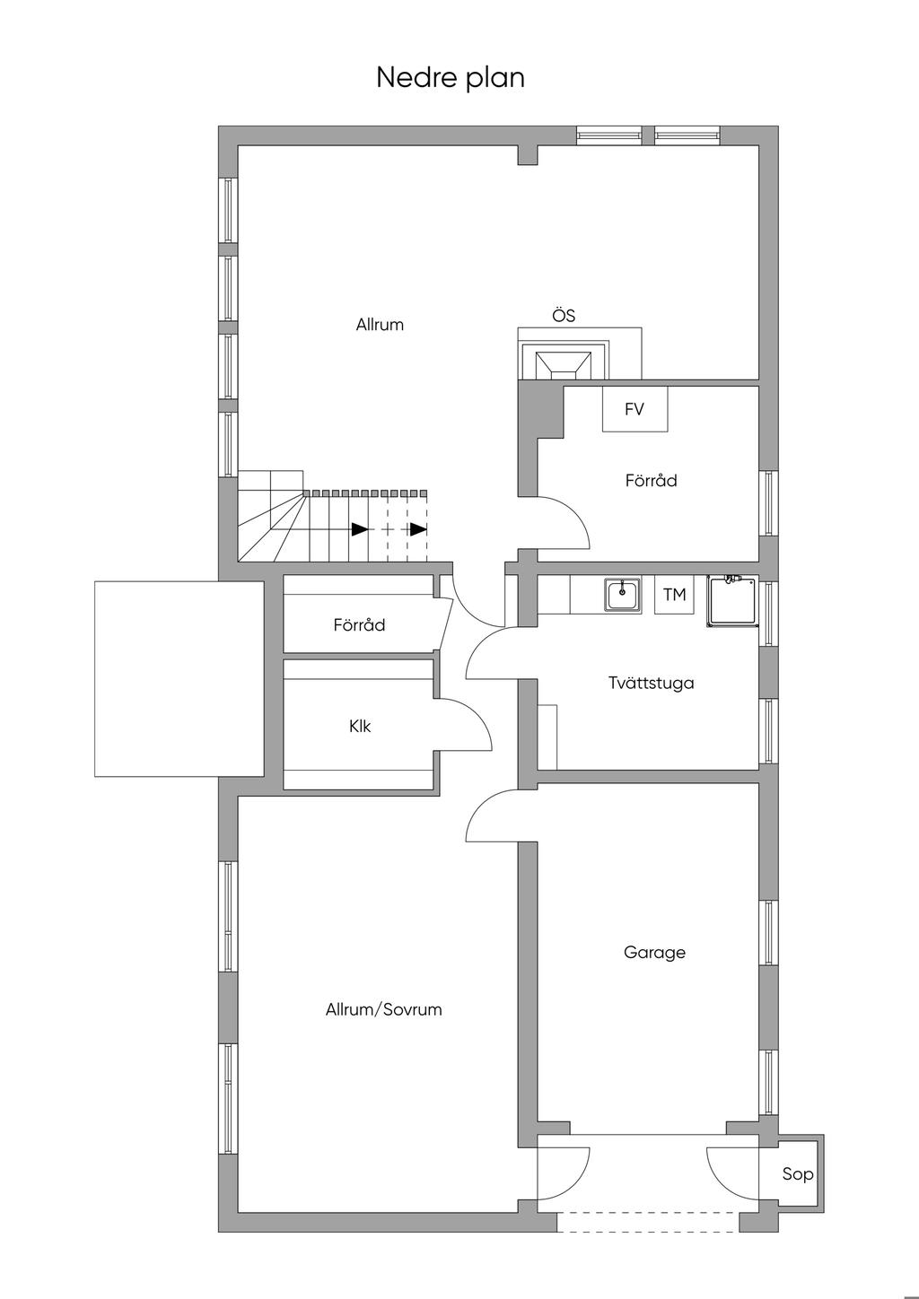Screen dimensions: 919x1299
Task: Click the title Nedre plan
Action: coord(451,78)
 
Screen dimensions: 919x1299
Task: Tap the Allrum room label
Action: coord(380,325)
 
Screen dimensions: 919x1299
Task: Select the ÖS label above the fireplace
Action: coord(564,316)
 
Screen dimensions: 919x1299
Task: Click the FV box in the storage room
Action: coord(635,409)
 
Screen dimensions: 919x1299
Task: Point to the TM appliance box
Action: coord(674,595)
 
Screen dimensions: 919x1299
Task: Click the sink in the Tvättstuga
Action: coord(622,595)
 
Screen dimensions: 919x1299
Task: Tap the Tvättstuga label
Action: coord(651,683)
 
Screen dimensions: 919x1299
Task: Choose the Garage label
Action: coord(654,952)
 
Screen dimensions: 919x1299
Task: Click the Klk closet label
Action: coord(360,726)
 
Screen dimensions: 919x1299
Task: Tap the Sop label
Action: coord(797,1174)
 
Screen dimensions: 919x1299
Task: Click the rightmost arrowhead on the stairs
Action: coord(418,529)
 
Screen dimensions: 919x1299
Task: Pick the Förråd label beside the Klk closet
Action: coord(359,624)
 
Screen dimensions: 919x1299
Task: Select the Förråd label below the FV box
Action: coord(651,480)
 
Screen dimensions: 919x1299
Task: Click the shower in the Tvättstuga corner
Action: coord(732,601)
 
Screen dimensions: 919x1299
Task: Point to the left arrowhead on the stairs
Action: coord(359,529)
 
